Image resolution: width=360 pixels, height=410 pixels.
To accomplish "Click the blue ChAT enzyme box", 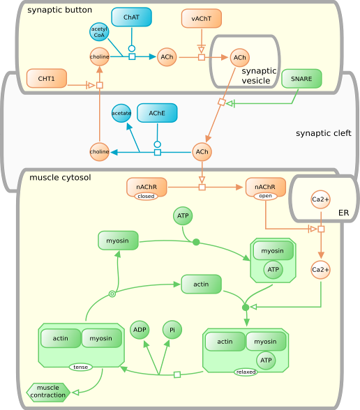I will [131, 17].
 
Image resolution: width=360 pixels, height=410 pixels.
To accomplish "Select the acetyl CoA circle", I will [99, 32].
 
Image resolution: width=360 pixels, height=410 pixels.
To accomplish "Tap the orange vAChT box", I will [201, 19].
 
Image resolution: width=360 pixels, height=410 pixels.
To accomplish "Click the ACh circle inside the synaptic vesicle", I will [239, 57].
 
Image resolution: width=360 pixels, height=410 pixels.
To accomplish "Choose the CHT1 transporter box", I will [46, 78].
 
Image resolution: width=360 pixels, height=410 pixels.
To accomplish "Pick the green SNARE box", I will [301, 79].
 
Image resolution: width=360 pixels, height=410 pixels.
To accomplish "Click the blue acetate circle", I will [121, 112].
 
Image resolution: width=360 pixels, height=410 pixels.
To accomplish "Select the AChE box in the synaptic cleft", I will [157, 112].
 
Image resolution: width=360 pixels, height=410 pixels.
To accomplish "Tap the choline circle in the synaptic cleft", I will [99, 151].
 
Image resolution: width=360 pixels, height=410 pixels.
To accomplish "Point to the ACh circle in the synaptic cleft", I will [202, 151].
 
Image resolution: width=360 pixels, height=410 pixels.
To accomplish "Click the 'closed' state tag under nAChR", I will [146, 197].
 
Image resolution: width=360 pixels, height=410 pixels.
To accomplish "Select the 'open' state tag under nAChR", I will [265, 197].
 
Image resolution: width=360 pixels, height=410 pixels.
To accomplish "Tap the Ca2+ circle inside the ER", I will [320, 200].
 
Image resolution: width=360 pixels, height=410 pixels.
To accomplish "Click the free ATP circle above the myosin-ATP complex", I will [183, 216].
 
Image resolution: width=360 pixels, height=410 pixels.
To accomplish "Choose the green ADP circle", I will [140, 329].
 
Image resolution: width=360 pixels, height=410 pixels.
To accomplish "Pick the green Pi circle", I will [172, 329].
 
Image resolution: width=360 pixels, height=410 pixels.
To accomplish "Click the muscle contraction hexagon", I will [47, 392].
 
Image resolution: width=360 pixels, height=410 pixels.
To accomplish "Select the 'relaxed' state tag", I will [246, 372].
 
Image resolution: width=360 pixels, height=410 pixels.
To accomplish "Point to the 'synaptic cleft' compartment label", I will [323, 133].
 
